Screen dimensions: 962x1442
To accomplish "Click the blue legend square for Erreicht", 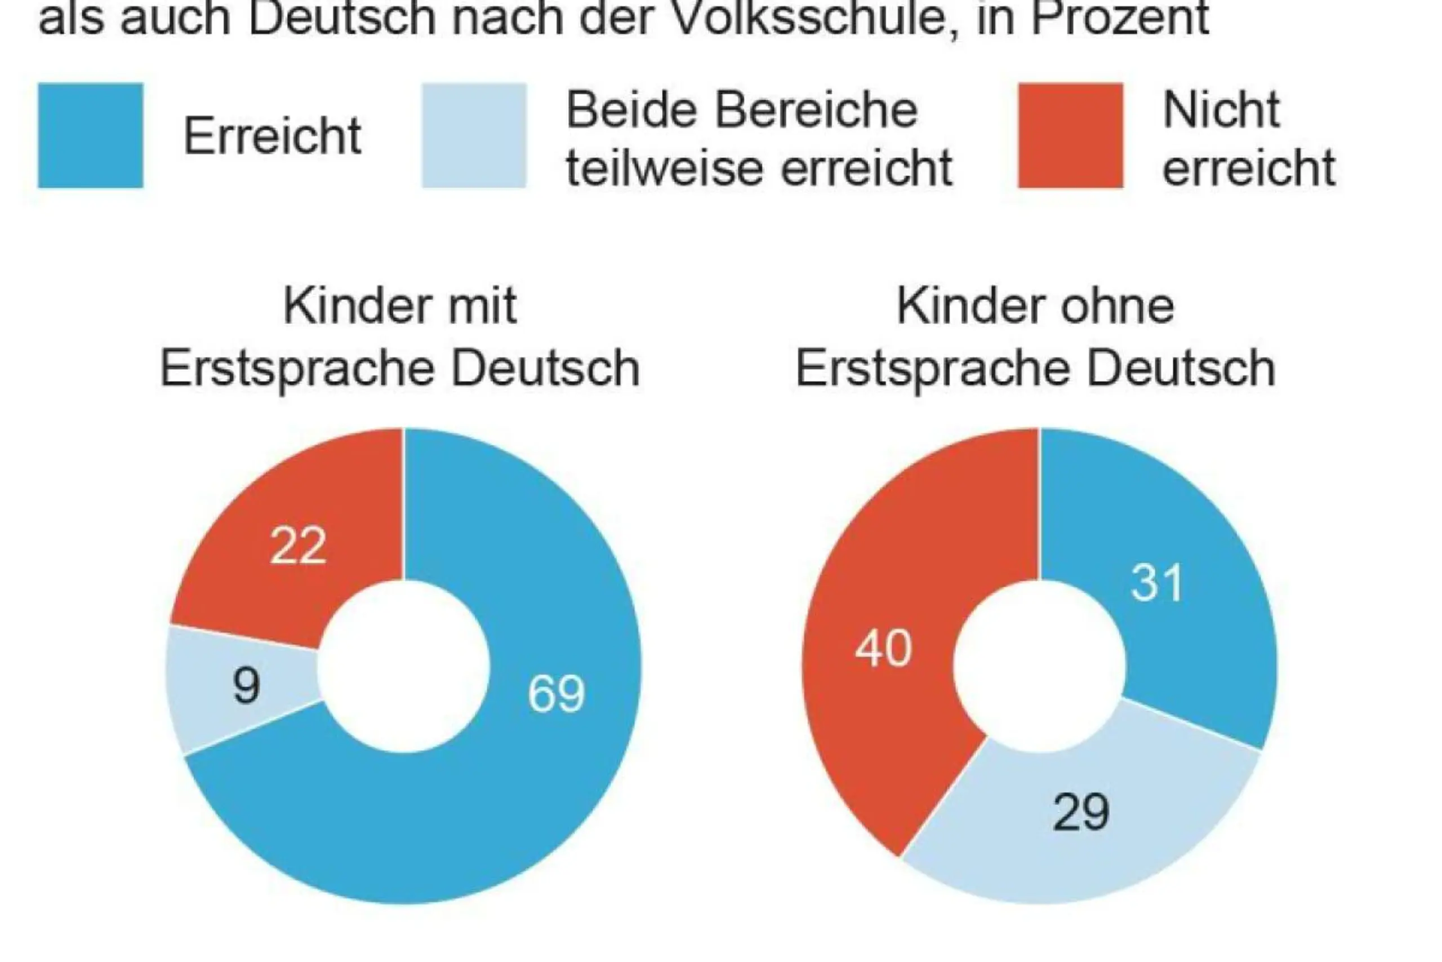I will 90,136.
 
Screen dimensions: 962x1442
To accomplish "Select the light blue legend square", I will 474,136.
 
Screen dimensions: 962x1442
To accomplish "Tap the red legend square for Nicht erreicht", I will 1070,136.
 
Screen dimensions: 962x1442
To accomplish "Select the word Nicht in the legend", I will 1221,110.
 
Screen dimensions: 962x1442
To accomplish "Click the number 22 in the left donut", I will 298,546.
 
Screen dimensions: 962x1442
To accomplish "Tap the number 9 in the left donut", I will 247,686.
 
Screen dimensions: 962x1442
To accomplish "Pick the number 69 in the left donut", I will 556,694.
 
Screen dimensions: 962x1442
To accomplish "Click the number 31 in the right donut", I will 1156,583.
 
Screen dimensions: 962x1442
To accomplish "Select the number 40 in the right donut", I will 883,649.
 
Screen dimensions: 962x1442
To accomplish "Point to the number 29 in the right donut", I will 1081,812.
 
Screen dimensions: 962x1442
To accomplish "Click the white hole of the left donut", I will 403,666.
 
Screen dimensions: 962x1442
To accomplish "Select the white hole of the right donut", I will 1039,666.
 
